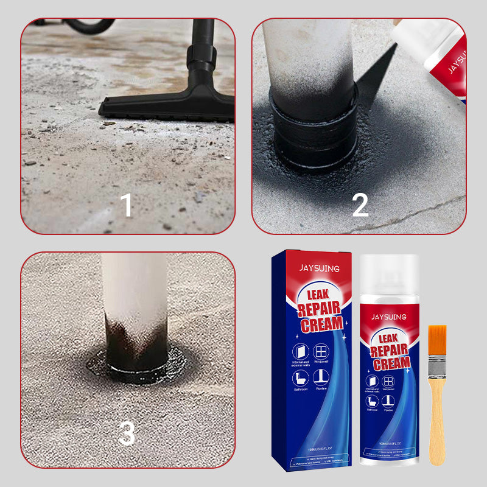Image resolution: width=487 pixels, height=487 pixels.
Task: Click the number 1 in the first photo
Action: [126, 205]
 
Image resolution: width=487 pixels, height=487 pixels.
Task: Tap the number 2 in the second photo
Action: [360, 205]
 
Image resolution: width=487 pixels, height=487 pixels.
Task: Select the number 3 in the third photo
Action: [126, 433]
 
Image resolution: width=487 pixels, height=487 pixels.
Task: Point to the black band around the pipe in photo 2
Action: [315, 131]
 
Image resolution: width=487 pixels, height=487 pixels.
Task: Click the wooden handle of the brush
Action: [437, 420]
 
